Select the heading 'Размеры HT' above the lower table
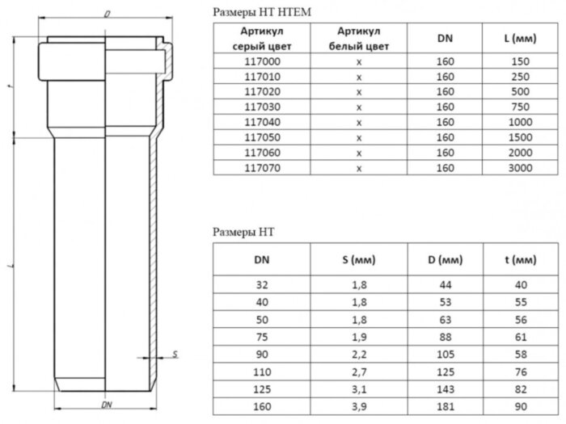243,232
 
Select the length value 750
522,106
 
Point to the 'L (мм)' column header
522,38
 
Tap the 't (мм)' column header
522,260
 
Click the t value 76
522,370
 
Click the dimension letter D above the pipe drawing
107,15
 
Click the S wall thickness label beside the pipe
175,354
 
